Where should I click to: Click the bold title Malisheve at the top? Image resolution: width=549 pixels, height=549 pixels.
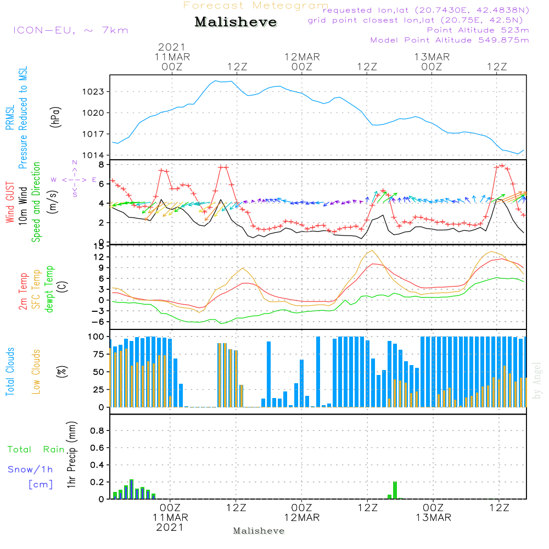(236, 22)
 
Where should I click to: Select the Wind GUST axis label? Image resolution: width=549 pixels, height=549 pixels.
(10, 201)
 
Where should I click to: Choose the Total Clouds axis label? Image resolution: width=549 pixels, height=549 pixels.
(10, 371)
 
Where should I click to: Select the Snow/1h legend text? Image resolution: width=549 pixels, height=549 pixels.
(31, 469)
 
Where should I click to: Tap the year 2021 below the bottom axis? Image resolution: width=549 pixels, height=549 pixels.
(171, 527)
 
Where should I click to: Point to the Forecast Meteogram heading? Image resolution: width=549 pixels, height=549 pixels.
(256, 5)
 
